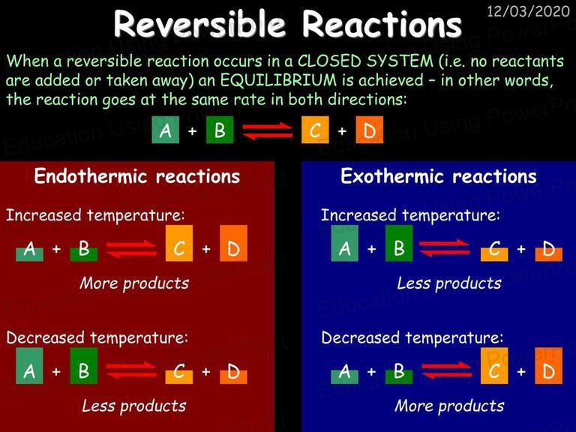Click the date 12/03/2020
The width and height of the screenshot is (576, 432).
point(528,11)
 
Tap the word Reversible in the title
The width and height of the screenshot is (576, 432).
point(199,24)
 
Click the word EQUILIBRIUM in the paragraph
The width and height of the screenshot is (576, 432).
point(278,80)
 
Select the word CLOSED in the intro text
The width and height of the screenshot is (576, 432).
point(329,61)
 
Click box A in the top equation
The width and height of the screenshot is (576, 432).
point(165,130)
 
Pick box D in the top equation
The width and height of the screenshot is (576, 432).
point(369,130)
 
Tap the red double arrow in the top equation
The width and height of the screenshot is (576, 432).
point(267,131)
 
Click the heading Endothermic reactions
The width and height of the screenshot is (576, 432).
point(137,176)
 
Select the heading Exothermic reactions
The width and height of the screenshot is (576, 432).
point(438,176)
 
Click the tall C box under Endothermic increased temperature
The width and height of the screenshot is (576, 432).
point(179,243)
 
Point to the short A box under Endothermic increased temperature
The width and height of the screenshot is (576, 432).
point(29,254)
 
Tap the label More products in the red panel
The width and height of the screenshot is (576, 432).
point(134,283)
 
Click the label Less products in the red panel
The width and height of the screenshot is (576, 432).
point(134,406)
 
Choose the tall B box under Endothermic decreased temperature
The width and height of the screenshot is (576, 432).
point(84,366)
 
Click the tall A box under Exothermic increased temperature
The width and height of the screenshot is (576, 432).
point(344,243)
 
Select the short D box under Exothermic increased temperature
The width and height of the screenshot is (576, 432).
point(548,254)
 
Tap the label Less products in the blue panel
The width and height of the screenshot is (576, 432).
point(449,283)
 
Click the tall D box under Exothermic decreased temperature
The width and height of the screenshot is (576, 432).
point(548,366)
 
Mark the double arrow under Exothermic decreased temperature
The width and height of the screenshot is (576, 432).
point(446,370)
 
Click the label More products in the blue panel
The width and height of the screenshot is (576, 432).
point(449,406)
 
